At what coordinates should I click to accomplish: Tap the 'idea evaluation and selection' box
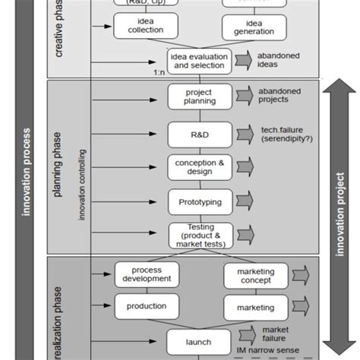pyautogui.click(x=198, y=61)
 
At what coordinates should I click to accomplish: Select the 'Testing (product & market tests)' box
pyautogui.click(x=198, y=235)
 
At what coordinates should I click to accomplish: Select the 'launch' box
pyautogui.click(x=198, y=341)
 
